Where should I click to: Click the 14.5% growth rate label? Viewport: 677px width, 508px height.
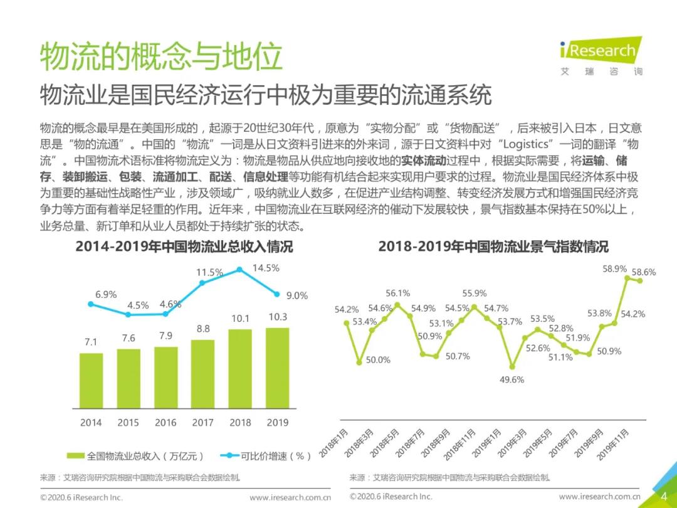click(x=265, y=268)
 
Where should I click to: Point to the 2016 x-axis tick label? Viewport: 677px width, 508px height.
click(x=165, y=423)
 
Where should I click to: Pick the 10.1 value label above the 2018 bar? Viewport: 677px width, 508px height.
click(x=240, y=319)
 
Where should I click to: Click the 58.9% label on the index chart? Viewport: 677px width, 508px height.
click(x=614, y=268)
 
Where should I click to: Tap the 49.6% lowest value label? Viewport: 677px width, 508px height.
click(x=512, y=379)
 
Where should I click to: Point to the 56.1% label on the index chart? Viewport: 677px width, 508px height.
click(x=397, y=293)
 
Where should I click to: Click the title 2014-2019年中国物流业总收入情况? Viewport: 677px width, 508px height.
click(x=184, y=246)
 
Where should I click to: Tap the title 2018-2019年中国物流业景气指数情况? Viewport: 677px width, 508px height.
click(x=493, y=246)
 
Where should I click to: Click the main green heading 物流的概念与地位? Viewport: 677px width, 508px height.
click(x=161, y=58)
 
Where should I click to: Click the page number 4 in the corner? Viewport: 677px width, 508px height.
click(x=664, y=496)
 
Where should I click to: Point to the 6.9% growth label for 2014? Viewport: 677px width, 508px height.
click(x=106, y=294)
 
